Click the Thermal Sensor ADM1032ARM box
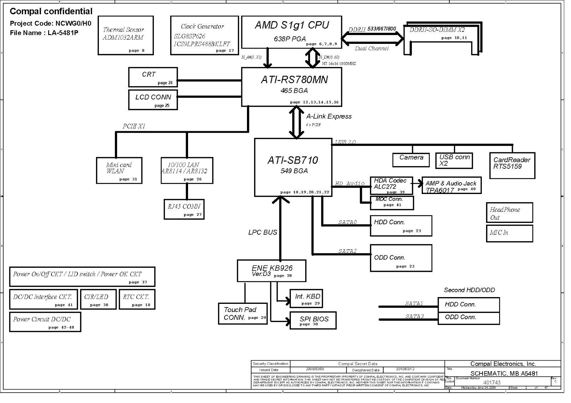pyautogui.click(x=126, y=35)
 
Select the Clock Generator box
pyautogui.click(x=204, y=35)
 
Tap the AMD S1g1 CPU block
pyautogui.click(x=291, y=32)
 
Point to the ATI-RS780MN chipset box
pyautogui.click(x=291, y=87)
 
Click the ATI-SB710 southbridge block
pyautogui.click(x=293, y=167)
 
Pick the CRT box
pyautogui.click(x=153, y=77)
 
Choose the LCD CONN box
pyautogui.click(x=153, y=100)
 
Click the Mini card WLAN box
pyautogui.click(x=119, y=170)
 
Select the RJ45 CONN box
pyautogui.click(x=184, y=209)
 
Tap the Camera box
pyautogui.click(x=411, y=160)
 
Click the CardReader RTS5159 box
pyautogui.click(x=512, y=165)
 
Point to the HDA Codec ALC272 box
pyautogui.click(x=391, y=185)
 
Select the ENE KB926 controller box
pyautogui.click(x=271, y=271)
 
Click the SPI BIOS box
pyautogui.click(x=313, y=320)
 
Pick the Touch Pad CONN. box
pyautogui.click(x=243, y=313)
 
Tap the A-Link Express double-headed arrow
pyautogui.click(x=296, y=122)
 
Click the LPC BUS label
pyautogui.click(x=263, y=233)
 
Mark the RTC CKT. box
pyautogui.click(x=137, y=299)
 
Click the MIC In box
pyautogui.click(x=509, y=234)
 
